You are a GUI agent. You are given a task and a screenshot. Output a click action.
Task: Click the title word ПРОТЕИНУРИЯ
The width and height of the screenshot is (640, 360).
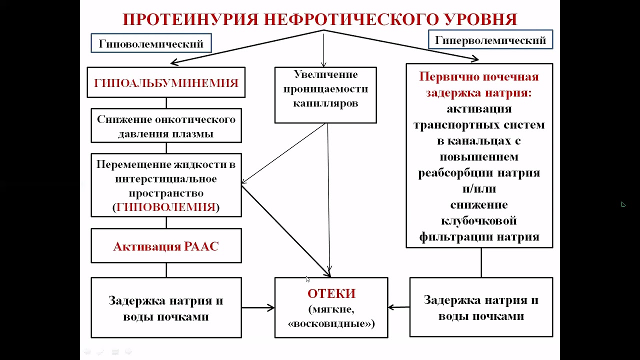coord(190,19)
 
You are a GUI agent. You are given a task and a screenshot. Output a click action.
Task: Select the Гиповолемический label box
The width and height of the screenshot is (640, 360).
coord(151,43)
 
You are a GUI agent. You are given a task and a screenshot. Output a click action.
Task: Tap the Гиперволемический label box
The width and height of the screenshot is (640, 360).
coord(490,40)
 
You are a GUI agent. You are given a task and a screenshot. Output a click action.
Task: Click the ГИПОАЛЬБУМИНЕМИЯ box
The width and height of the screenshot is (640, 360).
coord(166,82)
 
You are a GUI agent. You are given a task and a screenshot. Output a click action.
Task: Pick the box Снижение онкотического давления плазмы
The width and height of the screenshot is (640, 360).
coord(166,126)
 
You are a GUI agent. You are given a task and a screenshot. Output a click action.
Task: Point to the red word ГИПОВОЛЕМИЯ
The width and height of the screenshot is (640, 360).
coord(166,207)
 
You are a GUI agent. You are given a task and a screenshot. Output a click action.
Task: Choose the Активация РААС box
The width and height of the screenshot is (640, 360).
coord(166,246)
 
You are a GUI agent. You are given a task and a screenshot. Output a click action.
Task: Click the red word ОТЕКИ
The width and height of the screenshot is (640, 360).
coord(331,293)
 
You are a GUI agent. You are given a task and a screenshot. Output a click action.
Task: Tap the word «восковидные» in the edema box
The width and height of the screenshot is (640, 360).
coord(331,323)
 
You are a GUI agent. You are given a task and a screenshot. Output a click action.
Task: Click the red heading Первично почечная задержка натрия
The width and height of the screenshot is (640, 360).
coord(479,85)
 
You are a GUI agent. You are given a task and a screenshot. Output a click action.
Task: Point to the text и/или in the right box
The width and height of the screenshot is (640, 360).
coord(479,189)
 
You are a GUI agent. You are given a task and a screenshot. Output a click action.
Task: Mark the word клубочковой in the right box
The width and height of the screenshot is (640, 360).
coord(479,220)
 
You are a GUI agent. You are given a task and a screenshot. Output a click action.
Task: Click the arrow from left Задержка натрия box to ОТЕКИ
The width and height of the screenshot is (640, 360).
coord(258,307)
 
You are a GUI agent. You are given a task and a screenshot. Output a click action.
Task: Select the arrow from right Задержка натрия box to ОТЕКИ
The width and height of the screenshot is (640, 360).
coord(398,307)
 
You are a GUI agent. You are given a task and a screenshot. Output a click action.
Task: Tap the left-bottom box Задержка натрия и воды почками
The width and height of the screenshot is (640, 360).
coord(166,308)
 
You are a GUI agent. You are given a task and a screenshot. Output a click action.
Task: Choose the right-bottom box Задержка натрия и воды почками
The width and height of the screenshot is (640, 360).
coord(481,307)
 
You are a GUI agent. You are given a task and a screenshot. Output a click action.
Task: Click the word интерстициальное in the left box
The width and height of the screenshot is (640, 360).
coord(166,178)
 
